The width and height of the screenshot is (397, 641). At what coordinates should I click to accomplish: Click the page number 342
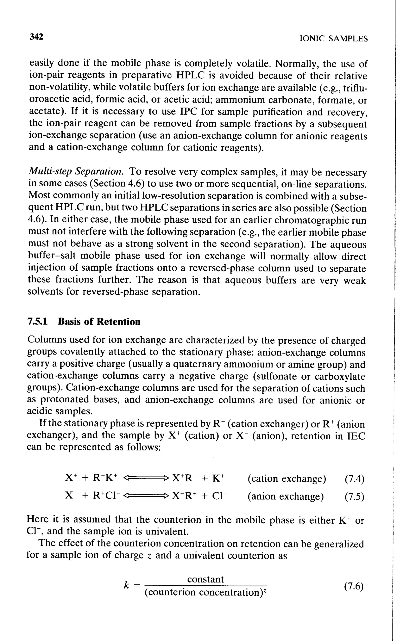click(36, 37)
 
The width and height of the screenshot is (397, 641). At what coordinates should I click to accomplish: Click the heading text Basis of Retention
click(99, 322)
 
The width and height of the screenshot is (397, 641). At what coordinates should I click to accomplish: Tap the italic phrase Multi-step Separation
click(76, 172)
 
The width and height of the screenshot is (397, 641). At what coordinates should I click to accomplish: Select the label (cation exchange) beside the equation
click(287, 479)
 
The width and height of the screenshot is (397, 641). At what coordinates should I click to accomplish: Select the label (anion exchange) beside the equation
click(286, 497)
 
